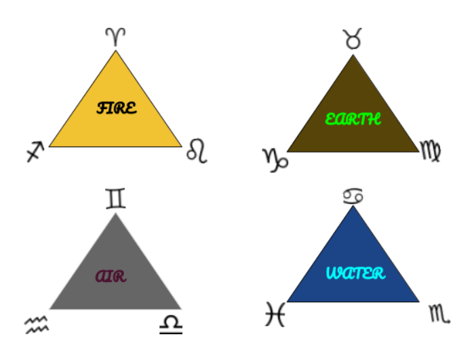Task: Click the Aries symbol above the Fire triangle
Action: [x=115, y=37]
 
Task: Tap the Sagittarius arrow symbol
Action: [x=35, y=152]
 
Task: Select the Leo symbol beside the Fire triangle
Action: [x=197, y=151]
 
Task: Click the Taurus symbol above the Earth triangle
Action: [x=353, y=39]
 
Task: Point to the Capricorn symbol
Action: [x=275, y=160]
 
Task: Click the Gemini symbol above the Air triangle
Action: [x=115, y=199]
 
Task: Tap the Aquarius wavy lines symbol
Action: [x=37, y=325]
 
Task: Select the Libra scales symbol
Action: [x=171, y=325]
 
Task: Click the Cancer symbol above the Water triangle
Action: [x=353, y=196]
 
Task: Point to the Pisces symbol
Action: [x=275, y=314]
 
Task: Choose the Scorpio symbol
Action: [x=439, y=315]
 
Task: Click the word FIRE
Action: [x=117, y=108]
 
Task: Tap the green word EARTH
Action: [x=353, y=119]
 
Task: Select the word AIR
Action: [x=111, y=276]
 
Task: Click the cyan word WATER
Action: [x=356, y=273]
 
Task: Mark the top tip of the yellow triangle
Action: [x=115, y=50]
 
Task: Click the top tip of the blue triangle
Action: [x=353, y=205]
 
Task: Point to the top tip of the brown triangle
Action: [x=353, y=55]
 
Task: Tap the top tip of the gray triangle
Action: [x=115, y=214]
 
